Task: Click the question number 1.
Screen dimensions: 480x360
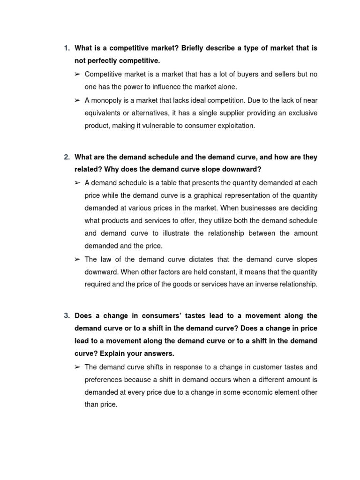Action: (x=66, y=48)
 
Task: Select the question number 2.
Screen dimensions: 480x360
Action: (x=66, y=157)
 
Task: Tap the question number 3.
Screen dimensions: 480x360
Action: (x=66, y=315)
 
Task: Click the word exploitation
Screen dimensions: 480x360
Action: (x=232, y=126)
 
